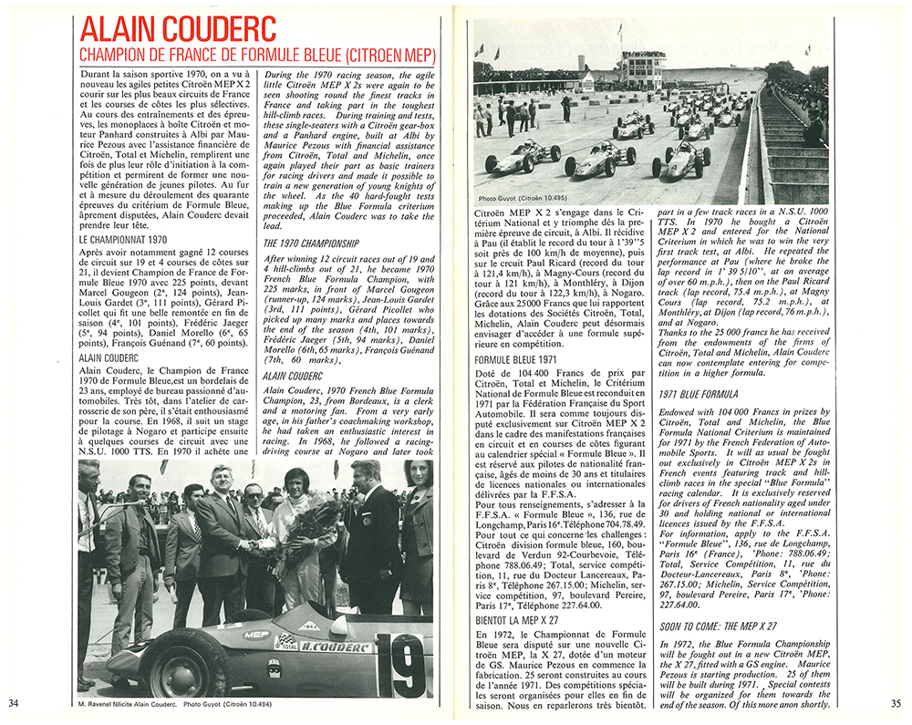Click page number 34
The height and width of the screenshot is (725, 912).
click(x=14, y=702)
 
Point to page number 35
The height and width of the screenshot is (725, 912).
click(x=896, y=702)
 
